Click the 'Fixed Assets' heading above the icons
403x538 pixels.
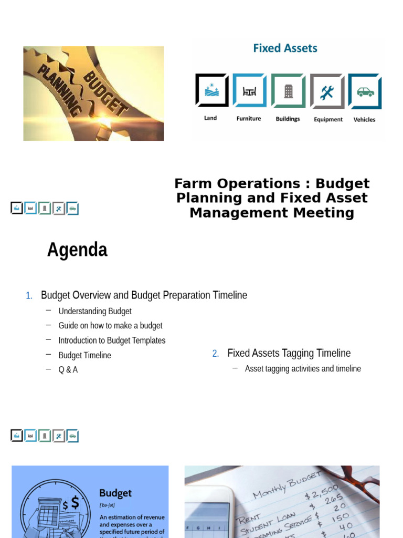click(x=285, y=48)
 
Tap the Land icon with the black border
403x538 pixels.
click(x=211, y=90)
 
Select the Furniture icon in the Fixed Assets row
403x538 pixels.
click(x=249, y=90)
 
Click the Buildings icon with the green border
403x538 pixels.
click(x=288, y=91)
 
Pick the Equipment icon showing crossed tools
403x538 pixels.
click(x=327, y=91)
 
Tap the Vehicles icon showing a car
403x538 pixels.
click(x=365, y=91)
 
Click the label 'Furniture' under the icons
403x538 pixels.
click(x=249, y=119)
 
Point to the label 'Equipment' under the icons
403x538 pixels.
click(x=328, y=119)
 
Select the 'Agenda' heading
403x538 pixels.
click(x=77, y=250)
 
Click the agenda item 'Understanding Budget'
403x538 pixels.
click(x=95, y=311)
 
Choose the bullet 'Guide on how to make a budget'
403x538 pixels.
click(x=110, y=326)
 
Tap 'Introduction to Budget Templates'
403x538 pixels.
click(x=112, y=340)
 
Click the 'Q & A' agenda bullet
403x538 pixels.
click(x=68, y=370)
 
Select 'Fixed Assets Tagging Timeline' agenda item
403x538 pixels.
click(x=289, y=353)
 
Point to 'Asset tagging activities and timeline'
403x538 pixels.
click(x=303, y=369)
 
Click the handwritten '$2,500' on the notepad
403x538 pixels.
click(x=321, y=493)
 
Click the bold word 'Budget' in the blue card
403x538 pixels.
click(x=115, y=493)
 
